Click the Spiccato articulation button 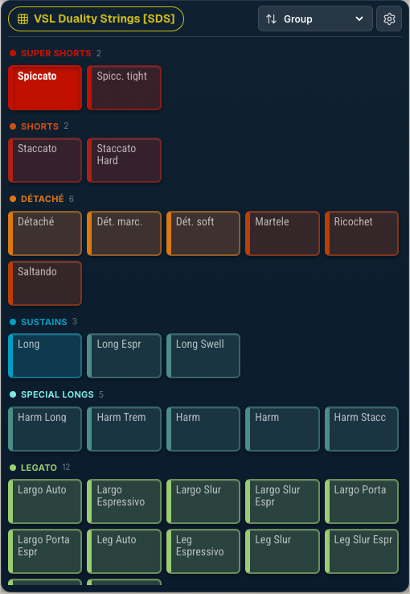coord(45,88)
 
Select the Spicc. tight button coord(124,88)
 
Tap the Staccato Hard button coord(124,160)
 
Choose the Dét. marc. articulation coord(124,233)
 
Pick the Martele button coord(282,233)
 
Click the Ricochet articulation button coord(362,233)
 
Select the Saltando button coord(45,283)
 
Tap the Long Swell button coord(203,356)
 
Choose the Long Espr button coord(124,356)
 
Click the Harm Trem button coord(124,429)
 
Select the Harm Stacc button coord(362,429)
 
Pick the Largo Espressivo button coord(124,501)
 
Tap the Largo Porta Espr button coord(45,551)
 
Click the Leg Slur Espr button coord(362,551)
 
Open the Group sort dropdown coord(315,19)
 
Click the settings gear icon coord(389,19)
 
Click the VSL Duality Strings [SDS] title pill coord(96,19)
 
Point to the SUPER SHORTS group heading coord(56,53)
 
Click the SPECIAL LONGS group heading coord(57,394)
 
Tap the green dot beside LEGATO coord(13,468)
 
